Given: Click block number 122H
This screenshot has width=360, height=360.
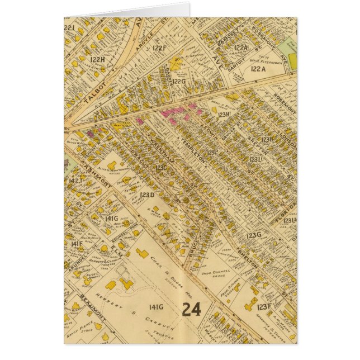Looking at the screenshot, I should [x=98, y=59].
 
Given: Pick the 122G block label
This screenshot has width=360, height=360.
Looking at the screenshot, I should [x=178, y=82].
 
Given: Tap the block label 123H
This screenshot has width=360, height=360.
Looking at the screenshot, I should [x=224, y=115].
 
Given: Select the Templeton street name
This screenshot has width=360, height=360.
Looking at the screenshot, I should [x=193, y=150].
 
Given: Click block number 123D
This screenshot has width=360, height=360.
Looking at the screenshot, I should [x=146, y=195].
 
